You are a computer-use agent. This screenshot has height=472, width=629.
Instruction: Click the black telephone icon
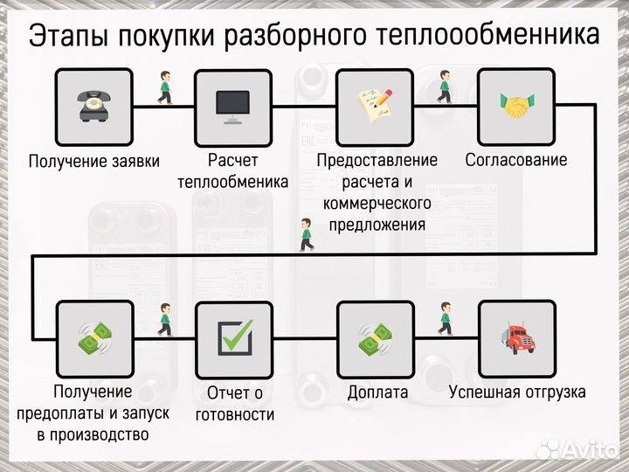point(93,107)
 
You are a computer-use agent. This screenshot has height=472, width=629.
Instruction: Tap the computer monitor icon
point(232,107)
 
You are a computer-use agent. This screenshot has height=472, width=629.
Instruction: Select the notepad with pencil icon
point(376,107)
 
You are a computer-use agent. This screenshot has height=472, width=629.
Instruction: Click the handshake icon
point(516,107)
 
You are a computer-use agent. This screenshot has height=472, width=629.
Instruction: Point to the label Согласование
point(516,160)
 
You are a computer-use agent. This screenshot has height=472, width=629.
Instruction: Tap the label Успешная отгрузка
point(517,392)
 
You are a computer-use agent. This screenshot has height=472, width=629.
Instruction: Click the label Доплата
point(377,392)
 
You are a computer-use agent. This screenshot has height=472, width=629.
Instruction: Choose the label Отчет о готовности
point(234,404)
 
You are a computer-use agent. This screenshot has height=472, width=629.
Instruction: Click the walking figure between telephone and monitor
point(163,88)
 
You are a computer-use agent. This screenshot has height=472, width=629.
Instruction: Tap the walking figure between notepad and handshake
point(445,87)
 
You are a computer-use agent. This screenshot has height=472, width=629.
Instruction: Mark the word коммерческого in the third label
point(377,203)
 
